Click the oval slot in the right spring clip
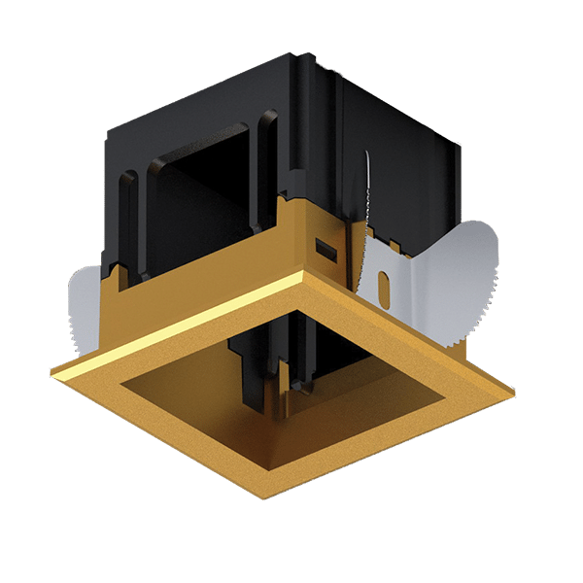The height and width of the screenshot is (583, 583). pyautogui.click(x=385, y=289)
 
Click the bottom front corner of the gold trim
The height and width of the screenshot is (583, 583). pyautogui.click(x=260, y=497)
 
